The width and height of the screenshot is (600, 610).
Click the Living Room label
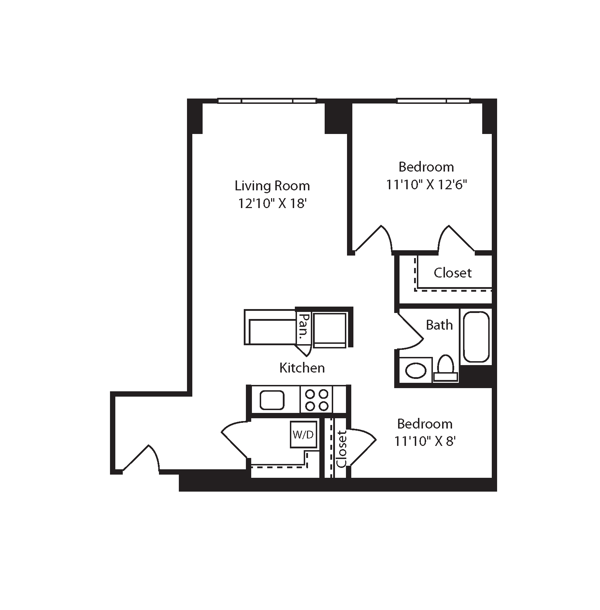[272, 186]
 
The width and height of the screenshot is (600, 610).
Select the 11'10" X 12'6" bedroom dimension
[426, 185]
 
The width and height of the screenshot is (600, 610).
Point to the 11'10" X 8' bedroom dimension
[425, 441]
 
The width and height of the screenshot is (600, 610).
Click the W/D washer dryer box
[303, 435]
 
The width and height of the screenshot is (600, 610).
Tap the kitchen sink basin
[272, 400]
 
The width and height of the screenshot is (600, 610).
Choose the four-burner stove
[317, 399]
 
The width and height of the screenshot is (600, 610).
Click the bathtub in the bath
[476, 337]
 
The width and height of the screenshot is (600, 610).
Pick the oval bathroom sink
[416, 371]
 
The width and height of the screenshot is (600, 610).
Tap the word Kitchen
[302, 368]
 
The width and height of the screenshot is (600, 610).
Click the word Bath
[439, 325]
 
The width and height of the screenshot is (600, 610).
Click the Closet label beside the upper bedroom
[453, 273]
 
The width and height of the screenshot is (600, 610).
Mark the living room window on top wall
[267, 101]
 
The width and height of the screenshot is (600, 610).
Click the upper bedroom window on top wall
[434, 101]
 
